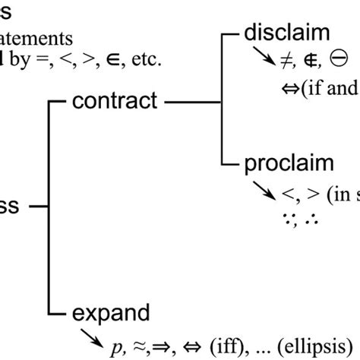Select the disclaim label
286,34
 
